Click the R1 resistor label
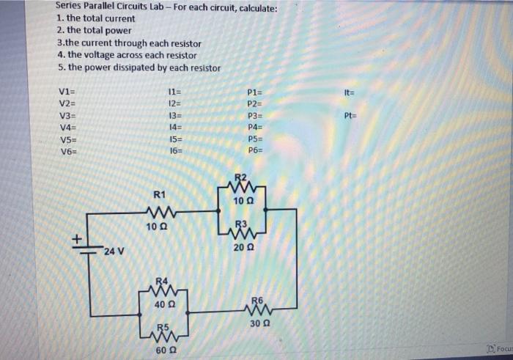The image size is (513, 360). pos(160,194)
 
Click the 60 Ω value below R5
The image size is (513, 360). pos(165,351)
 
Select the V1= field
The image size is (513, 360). pos(66,91)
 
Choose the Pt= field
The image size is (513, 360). pos(351,116)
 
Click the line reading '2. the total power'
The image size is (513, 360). pos(94,31)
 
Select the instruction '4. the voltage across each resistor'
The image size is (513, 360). pos(126,55)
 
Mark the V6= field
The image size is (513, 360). pos(66,150)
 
